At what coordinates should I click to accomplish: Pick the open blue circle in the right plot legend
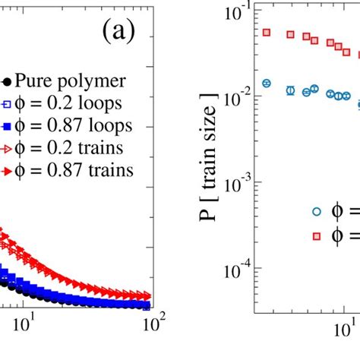[x=316, y=212]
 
